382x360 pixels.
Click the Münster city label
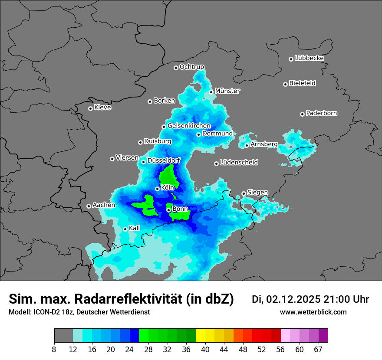227,91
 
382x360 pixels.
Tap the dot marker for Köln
157,189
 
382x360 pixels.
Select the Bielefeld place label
302,83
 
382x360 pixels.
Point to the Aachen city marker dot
89,206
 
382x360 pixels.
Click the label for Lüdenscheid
239,163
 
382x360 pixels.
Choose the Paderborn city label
321,114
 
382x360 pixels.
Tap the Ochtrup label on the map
191,67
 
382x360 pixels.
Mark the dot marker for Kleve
90,108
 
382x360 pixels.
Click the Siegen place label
257,193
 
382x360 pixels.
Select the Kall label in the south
135,228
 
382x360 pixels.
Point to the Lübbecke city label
309,58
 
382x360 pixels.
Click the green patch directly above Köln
168,177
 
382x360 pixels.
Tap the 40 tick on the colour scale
205,350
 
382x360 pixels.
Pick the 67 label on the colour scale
318,350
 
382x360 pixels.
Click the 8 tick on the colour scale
54,350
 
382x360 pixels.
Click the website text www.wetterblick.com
313,312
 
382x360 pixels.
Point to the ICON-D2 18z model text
52,312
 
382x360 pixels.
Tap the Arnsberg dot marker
247,145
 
